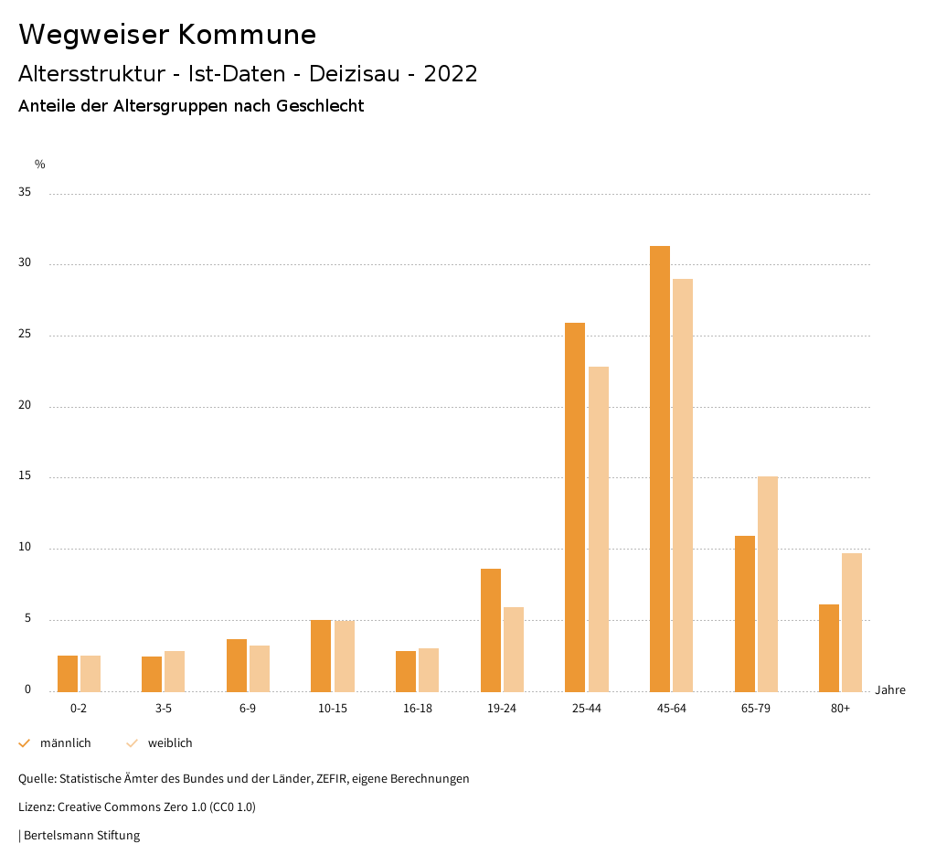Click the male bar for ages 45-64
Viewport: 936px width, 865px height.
pyautogui.click(x=660, y=468)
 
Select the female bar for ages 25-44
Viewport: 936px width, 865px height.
pyautogui.click(x=599, y=529)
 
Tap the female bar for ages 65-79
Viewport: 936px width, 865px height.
pyautogui.click(x=768, y=583)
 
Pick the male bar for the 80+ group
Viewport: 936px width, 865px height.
pyautogui.click(x=829, y=647)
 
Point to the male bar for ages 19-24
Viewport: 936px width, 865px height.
pyautogui.click(x=491, y=630)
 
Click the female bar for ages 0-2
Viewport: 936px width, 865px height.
pyautogui.click(x=90, y=673)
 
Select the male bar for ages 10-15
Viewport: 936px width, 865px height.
pyautogui.click(x=321, y=656)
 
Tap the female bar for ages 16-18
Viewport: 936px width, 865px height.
pyautogui.click(x=429, y=669)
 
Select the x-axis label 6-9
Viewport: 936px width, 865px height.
pyautogui.click(x=248, y=709)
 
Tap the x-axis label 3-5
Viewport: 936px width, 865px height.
pyautogui.click(x=163, y=709)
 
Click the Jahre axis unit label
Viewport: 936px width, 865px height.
pyautogui.click(x=889, y=690)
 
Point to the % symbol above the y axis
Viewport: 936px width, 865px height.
pyautogui.click(x=40, y=165)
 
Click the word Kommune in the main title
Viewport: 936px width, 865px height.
pyautogui.click(x=247, y=35)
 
